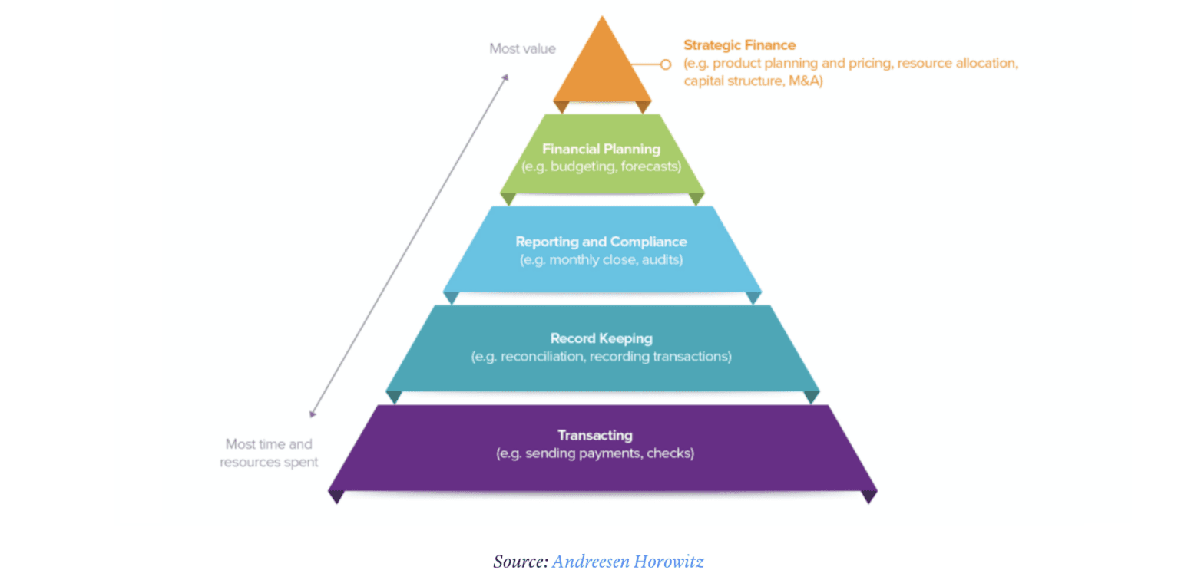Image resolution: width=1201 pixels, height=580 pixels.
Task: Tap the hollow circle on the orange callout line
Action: [x=666, y=64]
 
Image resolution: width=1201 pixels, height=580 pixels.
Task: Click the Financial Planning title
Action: [x=600, y=149]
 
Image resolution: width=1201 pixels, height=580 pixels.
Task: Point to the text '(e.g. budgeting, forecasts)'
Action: [x=600, y=166]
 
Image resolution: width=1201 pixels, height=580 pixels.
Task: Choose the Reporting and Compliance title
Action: [x=600, y=242]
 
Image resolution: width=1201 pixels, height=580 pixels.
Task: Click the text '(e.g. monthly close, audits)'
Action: [x=600, y=259]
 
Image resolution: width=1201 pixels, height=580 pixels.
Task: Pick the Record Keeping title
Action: [x=600, y=338]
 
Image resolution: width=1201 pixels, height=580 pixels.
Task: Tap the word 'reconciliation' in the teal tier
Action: [x=541, y=357]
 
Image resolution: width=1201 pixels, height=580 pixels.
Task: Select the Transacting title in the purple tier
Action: [x=595, y=436]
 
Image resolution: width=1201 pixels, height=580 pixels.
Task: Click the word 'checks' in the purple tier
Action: [x=670, y=453]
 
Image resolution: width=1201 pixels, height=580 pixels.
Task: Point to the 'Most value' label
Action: [x=522, y=49]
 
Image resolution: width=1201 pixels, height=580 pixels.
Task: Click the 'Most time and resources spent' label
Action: [x=269, y=453]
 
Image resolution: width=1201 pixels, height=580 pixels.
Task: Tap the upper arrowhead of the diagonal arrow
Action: [x=507, y=77]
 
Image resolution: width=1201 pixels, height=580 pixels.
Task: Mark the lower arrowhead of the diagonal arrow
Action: [x=312, y=414]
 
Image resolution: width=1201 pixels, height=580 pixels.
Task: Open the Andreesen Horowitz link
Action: [x=627, y=561]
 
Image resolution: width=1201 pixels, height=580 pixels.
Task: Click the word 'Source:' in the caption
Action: [x=521, y=561]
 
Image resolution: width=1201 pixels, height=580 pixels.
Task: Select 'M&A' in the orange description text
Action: [x=804, y=81]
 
